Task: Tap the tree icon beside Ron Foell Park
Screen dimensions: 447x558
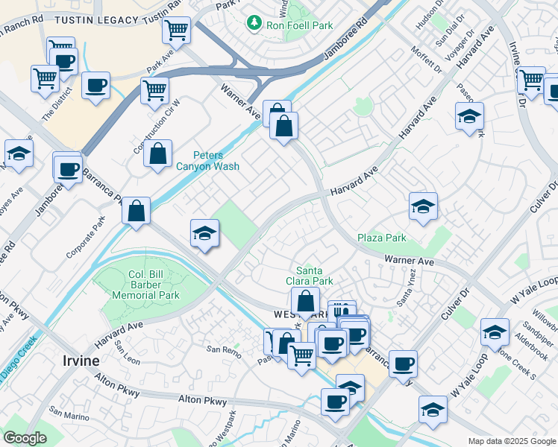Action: [x=254, y=24]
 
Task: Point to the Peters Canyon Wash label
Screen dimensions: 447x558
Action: [x=216, y=160]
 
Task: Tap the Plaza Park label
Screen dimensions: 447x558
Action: [x=381, y=238]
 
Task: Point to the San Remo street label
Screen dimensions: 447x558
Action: [x=222, y=349]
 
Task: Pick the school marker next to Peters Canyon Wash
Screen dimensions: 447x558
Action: [x=204, y=233]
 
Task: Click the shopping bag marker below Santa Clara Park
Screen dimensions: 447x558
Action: [x=305, y=302]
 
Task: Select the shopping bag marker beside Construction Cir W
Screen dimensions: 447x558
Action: [x=158, y=154]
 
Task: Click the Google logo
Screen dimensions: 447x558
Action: [x=24, y=438]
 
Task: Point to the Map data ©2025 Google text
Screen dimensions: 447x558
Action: [x=512, y=441]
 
